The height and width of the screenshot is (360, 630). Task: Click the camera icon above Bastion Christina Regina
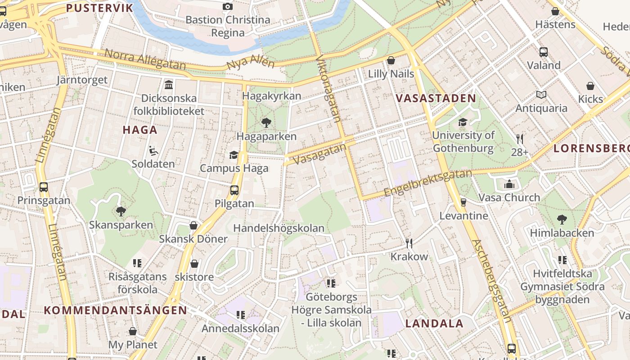[228, 6]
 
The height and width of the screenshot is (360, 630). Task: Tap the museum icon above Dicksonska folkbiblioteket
[169, 85]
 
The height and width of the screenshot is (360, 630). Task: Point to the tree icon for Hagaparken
[266, 122]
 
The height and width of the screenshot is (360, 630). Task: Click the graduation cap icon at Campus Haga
[234, 155]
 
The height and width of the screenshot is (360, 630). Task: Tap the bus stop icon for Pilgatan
[234, 190]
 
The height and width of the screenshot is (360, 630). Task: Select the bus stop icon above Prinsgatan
[44, 187]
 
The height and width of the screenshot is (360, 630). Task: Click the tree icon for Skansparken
[121, 211]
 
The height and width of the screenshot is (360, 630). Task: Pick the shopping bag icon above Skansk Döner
[193, 225]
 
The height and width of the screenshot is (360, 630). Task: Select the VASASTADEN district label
[435, 99]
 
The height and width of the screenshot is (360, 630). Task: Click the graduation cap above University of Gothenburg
[463, 122]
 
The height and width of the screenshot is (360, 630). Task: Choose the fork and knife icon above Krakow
[409, 243]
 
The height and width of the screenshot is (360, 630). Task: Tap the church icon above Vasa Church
[509, 184]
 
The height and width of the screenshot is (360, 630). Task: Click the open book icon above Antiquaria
[541, 95]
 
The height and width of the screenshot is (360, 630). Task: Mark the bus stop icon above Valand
[544, 52]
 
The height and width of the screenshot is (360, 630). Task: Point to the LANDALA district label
[434, 324]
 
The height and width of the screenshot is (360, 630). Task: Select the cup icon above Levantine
[463, 202]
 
